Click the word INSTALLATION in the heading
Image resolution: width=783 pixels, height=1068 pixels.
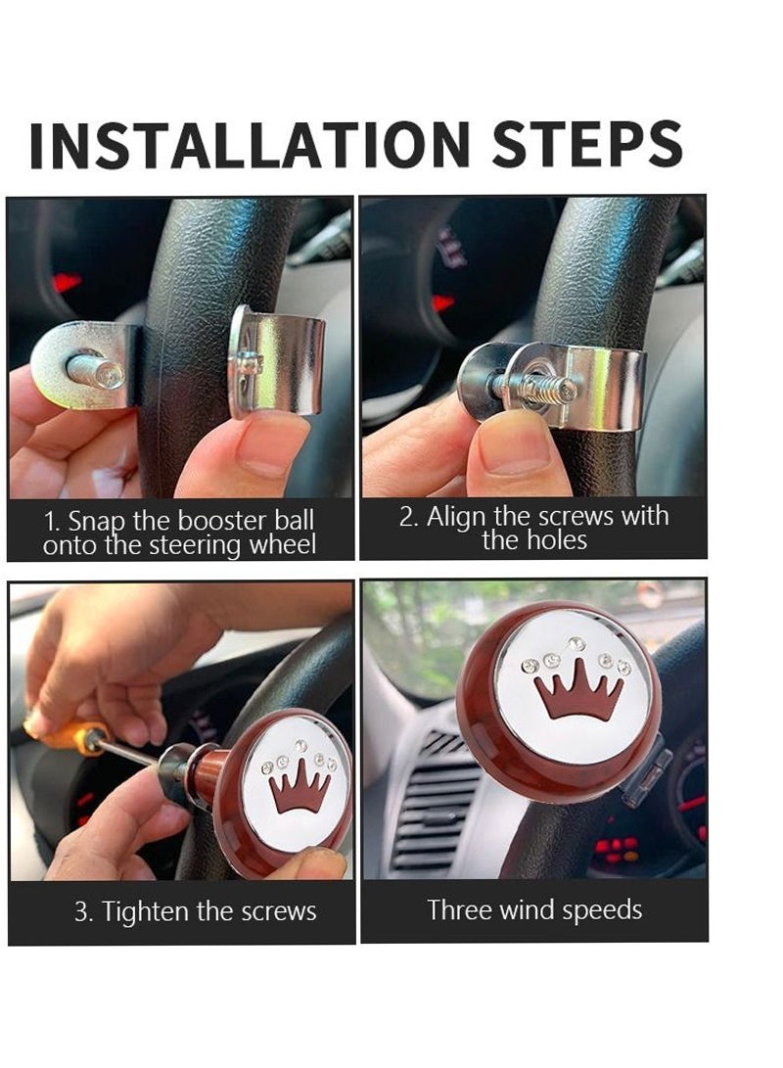[x=250, y=145]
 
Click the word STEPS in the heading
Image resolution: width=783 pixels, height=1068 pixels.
[x=587, y=144]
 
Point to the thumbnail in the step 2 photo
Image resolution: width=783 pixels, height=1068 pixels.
[x=516, y=450]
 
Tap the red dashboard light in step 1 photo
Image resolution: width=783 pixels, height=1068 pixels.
[x=66, y=281]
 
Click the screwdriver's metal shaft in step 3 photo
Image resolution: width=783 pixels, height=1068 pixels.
[x=130, y=751]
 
